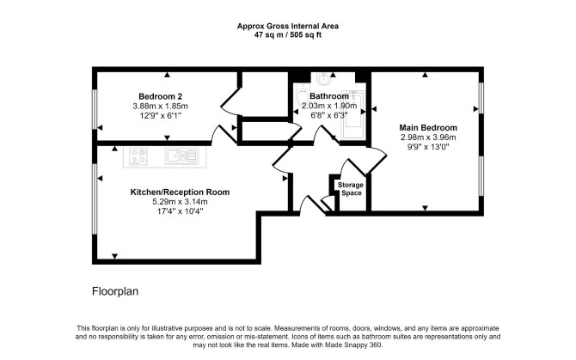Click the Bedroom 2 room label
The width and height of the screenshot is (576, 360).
[x=160, y=96]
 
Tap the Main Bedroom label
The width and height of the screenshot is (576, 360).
[x=428, y=128]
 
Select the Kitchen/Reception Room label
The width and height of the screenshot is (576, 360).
[x=180, y=192]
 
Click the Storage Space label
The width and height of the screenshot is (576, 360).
[x=351, y=189]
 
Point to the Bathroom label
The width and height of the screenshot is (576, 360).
[x=329, y=96]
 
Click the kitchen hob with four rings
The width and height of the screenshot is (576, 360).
[x=138, y=156]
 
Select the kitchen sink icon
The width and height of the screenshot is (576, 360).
[x=181, y=156]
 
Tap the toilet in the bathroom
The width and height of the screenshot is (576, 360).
[x=302, y=95]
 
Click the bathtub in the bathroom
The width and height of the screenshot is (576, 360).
[x=353, y=114]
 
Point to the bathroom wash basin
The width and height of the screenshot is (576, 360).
[x=323, y=78]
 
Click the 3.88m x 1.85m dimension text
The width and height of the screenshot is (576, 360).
[x=160, y=107]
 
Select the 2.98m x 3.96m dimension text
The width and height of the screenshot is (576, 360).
[x=428, y=137]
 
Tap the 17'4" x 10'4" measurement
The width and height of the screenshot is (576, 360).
[x=180, y=211]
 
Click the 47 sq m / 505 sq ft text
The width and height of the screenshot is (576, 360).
[x=288, y=35]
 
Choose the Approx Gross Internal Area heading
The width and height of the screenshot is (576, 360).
[x=288, y=26]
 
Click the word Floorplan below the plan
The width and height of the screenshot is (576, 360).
[x=115, y=291]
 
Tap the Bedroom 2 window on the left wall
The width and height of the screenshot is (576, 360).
[x=95, y=109]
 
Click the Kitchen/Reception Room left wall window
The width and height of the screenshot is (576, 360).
[x=95, y=198]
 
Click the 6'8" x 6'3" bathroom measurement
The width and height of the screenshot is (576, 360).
[x=329, y=116]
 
